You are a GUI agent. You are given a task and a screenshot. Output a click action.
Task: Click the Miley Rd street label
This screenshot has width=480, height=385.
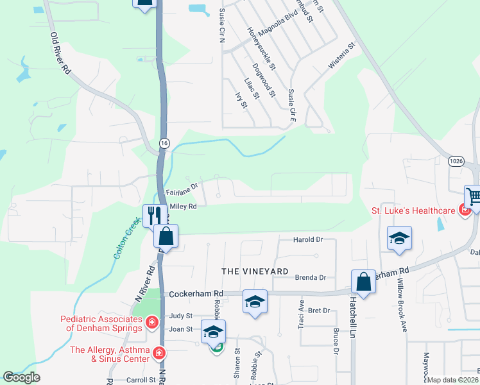coord(183,206)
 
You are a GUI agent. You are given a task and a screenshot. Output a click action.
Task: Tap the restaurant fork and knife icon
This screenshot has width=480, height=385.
coord(154,215)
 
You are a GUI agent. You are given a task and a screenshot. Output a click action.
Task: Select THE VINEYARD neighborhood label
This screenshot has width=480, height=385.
coord(255,271)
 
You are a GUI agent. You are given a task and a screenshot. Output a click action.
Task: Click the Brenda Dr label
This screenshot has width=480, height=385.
coord(311,278)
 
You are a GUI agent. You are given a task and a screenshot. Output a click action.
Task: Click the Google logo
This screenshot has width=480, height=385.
coord(21,377)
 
